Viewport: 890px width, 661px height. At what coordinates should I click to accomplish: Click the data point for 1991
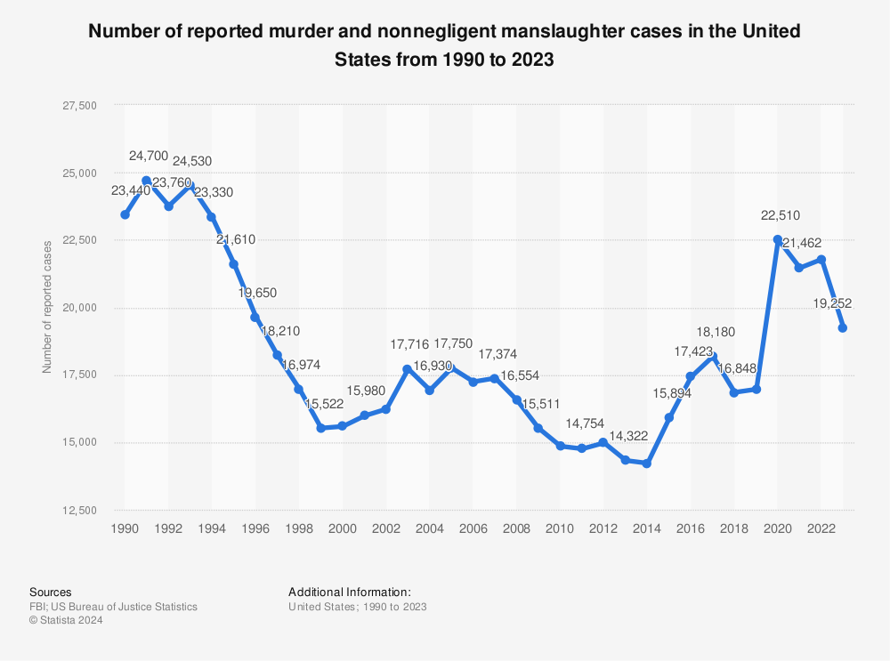[x=147, y=181]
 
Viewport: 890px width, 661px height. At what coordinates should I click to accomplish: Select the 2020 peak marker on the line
[x=778, y=240]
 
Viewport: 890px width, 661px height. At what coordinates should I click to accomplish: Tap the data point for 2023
[x=843, y=328]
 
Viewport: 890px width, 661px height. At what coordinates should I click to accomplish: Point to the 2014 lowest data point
[x=647, y=464]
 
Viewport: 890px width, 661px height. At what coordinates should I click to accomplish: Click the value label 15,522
[x=324, y=403]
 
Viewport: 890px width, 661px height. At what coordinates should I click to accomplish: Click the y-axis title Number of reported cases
[x=47, y=307]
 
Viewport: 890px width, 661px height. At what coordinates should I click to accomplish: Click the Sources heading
[x=51, y=592]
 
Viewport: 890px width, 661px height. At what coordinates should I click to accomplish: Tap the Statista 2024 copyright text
[x=66, y=621]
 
